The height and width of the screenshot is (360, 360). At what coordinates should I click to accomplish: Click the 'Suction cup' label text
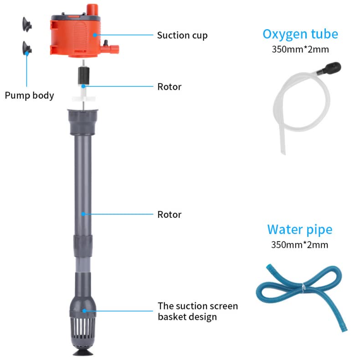(182, 35)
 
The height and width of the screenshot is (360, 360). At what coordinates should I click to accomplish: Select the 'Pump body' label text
(29, 95)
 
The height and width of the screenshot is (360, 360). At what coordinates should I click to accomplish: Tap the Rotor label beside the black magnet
(170, 86)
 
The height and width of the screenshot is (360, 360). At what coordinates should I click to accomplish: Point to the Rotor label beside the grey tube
(170, 214)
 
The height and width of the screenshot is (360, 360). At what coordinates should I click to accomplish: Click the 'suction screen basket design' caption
(198, 311)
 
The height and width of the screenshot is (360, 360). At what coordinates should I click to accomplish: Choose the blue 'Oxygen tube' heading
(300, 34)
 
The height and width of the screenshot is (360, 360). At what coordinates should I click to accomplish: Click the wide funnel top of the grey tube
(83, 120)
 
